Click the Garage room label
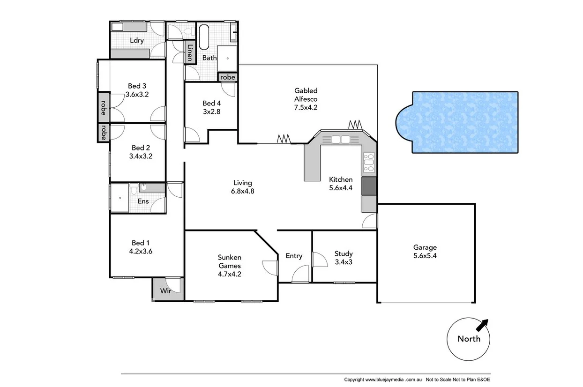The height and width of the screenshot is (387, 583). pos(425,247)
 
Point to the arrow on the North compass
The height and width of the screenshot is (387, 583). pos(482,324)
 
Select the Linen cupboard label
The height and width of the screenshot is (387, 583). pos(190,52)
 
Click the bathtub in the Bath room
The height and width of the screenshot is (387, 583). pos(205,37)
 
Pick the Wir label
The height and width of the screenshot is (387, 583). pos(165,291)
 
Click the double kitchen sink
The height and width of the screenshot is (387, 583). pos(340,139)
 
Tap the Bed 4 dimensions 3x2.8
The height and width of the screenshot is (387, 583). pos(211,112)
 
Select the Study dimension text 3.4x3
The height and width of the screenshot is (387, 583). pos(343,262)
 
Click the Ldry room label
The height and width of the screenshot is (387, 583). pos(136,40)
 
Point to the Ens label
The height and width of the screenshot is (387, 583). pos(143,201)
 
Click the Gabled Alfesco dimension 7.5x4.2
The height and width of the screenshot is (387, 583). pos(306,107)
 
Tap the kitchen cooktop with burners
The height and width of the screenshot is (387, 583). pos(369,162)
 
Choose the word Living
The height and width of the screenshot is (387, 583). pos(243,183)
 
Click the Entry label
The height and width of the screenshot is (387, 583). pos(294,256)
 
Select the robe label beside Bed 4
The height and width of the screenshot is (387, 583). pos(228,77)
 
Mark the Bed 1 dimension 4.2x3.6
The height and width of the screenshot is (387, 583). pos(141,251)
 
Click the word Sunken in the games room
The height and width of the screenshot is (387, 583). pos(229,257)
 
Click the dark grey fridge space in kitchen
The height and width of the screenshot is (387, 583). pos(369,186)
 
